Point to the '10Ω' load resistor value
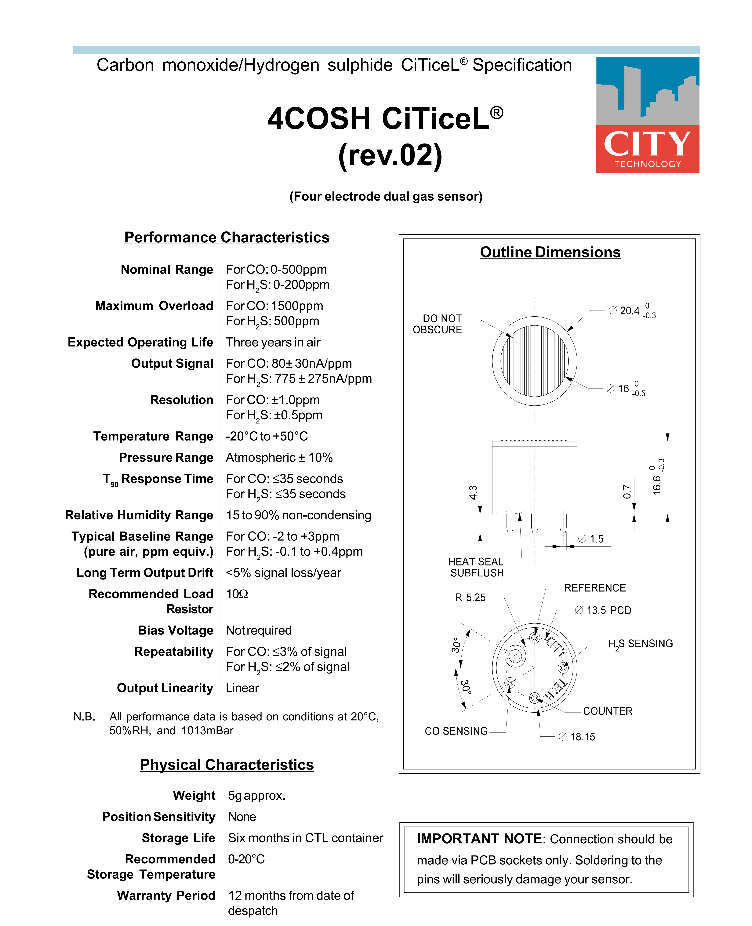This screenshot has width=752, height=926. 237,594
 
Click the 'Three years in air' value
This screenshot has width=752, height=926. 273,342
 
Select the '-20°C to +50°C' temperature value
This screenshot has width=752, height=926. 267,436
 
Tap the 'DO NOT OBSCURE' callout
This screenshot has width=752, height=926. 438,324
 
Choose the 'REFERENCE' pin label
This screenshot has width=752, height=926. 595,588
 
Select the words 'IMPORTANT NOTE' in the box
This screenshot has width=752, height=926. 479,839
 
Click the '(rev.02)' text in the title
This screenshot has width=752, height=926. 390,155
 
